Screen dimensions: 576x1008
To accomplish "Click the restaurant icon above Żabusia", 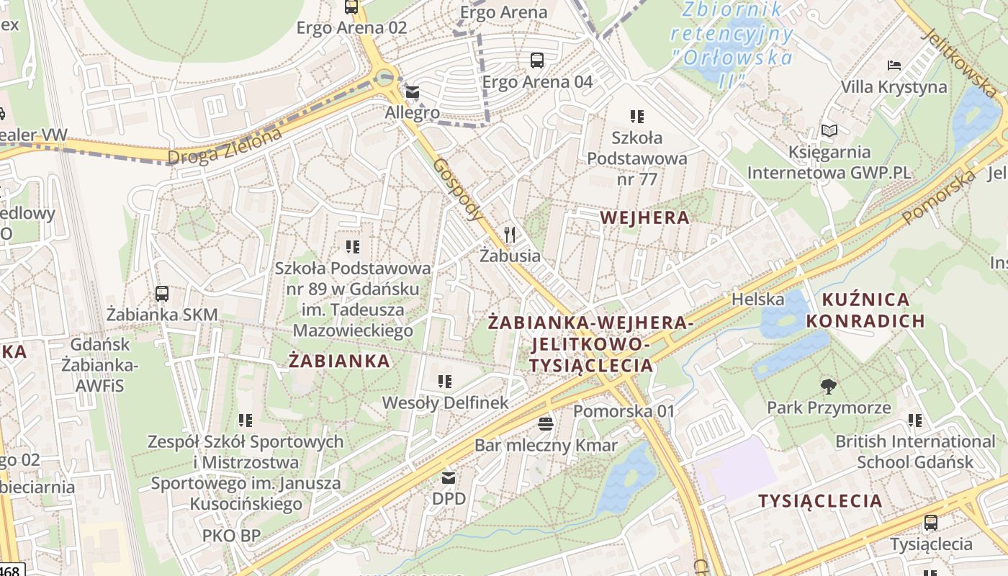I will click(510, 234).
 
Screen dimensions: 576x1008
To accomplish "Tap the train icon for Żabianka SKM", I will click(162, 294).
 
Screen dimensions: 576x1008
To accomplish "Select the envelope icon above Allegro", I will click(413, 92).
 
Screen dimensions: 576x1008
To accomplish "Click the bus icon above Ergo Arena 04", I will click(537, 60).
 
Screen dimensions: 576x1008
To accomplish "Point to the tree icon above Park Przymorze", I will click(829, 387).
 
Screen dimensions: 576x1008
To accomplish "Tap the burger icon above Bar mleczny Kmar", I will click(546, 423).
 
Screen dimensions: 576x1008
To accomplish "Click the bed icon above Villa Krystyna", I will click(894, 66).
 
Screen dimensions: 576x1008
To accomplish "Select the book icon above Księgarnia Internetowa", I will click(829, 131).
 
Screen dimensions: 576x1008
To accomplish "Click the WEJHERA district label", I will click(644, 217).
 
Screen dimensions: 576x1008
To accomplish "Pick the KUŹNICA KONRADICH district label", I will click(865, 310).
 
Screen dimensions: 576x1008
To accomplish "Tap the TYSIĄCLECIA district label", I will click(819, 501).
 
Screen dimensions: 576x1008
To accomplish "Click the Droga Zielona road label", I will click(224, 146).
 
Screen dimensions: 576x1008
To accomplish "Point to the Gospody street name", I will click(458, 189).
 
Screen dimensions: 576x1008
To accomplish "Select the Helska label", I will click(757, 299).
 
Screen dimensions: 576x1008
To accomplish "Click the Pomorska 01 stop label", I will click(624, 411).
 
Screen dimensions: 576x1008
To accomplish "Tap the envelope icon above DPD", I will click(449, 477).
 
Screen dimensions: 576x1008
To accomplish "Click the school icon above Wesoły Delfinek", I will click(445, 381).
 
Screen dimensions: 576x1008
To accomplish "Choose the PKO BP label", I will click(231, 536).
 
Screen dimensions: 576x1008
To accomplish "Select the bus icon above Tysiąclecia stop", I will click(931, 523).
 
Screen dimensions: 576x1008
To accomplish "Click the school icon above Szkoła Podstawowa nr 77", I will click(636, 116).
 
